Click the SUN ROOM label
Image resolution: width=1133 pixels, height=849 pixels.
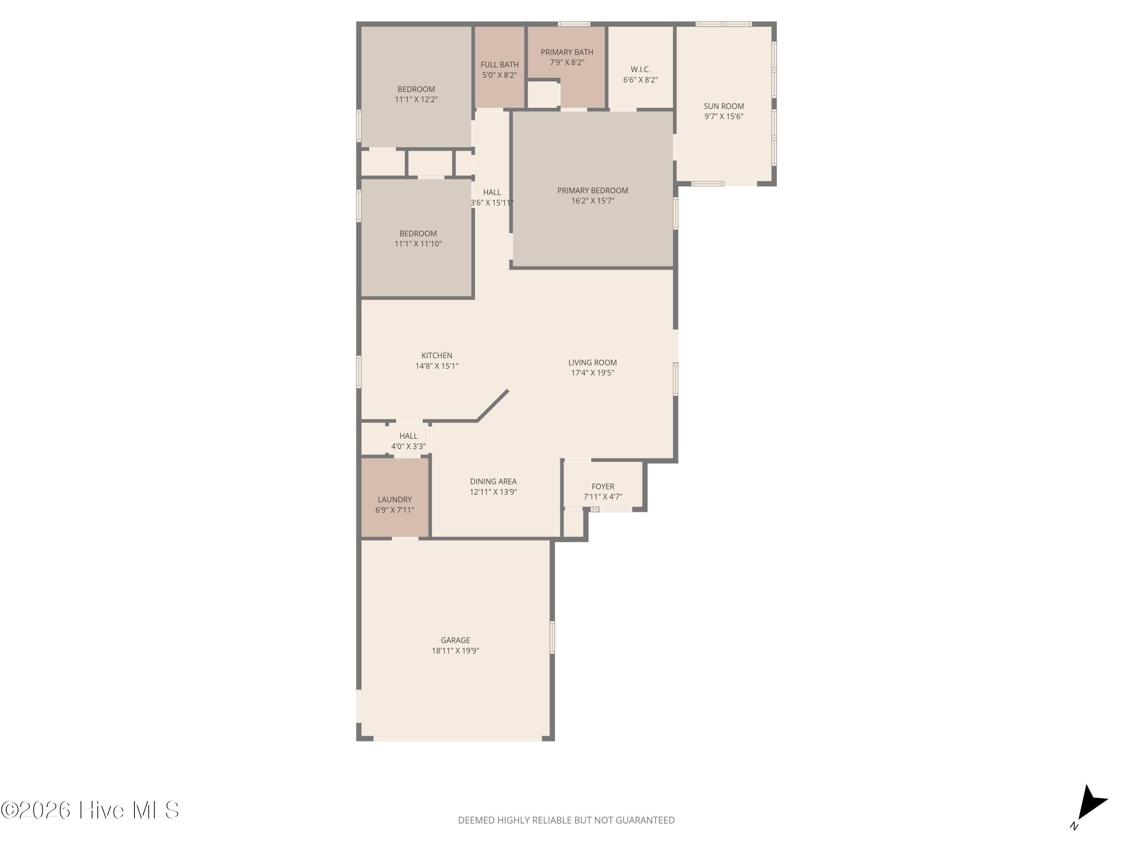[723, 106]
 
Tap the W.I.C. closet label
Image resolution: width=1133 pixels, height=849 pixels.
[640, 69]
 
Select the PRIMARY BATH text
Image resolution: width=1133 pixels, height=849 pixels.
[567, 52]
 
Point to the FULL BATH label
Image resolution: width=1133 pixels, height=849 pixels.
[499, 65]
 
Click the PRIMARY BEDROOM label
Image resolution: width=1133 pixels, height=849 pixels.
[593, 191]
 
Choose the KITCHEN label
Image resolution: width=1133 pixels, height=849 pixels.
[437, 355]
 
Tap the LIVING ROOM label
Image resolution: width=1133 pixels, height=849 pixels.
[593, 362]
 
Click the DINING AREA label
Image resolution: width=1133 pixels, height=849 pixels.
[493, 481]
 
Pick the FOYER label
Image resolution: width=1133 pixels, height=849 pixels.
[603, 486]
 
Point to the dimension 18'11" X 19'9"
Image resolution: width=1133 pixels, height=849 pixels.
[455, 651]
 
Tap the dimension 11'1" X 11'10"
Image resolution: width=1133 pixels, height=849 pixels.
[418, 244]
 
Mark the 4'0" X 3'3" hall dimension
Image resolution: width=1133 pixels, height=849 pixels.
[408, 446]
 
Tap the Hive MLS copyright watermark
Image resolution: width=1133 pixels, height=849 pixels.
[90, 810]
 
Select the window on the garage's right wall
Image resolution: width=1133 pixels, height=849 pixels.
[552, 637]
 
